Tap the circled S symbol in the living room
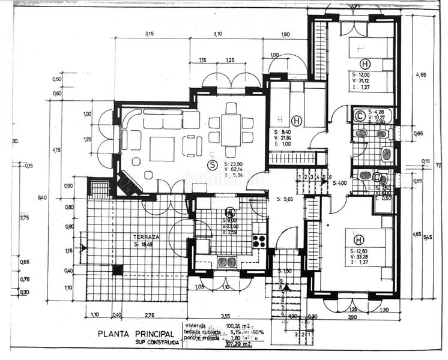211,164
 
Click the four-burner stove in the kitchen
259,241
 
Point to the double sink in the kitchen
226,262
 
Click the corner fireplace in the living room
129,183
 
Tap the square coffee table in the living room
162,148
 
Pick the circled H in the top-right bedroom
364,64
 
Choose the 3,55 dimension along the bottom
225,315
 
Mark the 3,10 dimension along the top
218,34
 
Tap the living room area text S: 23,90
235,163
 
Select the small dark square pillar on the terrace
117,270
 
